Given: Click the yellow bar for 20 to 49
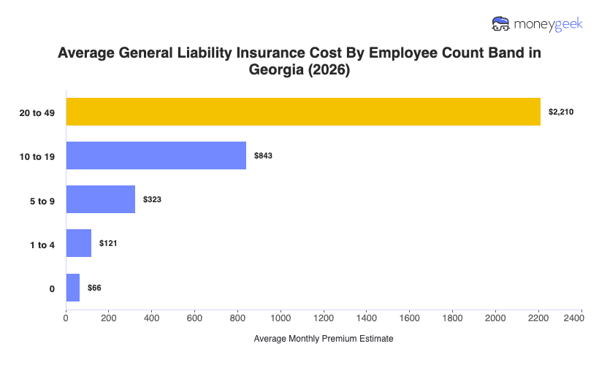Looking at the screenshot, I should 303,112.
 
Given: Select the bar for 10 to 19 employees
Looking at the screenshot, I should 156,155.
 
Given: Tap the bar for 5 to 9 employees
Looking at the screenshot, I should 101,199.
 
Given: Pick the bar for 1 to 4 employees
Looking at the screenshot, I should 79,243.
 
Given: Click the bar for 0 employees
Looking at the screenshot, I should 73,288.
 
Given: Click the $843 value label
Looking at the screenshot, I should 263,156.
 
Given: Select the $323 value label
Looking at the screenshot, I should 152,200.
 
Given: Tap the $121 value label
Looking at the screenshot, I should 108,244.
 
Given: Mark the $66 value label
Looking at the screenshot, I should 94,288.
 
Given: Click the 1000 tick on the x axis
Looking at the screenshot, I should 281,318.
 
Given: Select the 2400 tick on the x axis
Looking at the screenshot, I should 581,318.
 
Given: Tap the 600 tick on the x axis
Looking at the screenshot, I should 195,318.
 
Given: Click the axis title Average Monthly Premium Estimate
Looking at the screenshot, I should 324,339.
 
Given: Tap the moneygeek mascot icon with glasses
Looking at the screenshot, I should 502,24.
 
